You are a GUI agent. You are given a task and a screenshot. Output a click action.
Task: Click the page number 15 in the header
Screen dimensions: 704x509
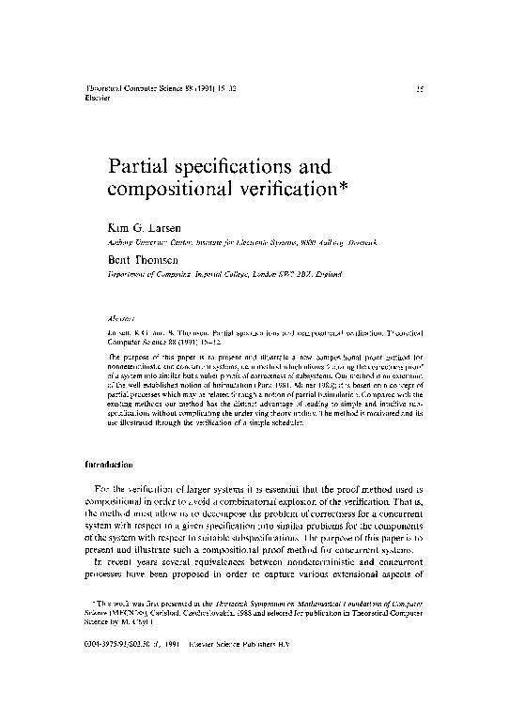[x=423, y=87]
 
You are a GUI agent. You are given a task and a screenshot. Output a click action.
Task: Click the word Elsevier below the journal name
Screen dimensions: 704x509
[x=98, y=97]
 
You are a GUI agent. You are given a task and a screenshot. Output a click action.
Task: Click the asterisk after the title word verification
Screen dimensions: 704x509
[x=343, y=188]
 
